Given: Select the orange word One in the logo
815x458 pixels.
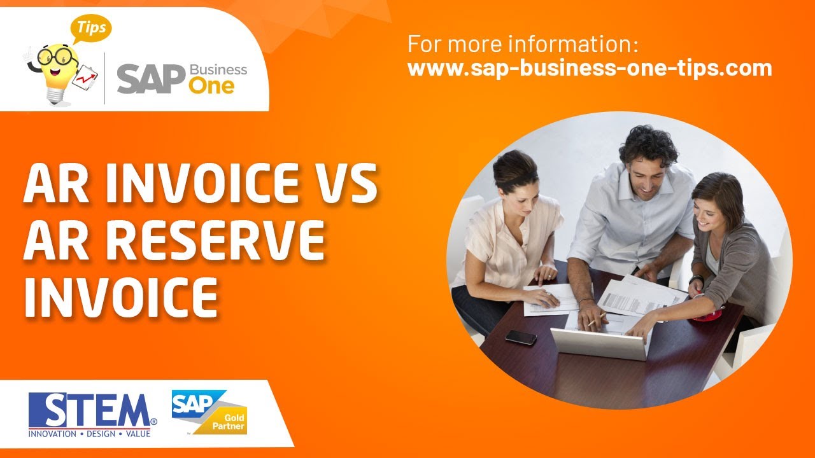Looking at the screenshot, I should click(211, 85).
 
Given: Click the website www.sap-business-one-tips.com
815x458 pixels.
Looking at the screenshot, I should click(590, 67).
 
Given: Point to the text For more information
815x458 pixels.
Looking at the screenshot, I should click(522, 45).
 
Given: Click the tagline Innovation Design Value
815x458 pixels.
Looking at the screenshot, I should click(89, 434).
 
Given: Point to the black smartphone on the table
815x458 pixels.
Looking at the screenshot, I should click(521, 337).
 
